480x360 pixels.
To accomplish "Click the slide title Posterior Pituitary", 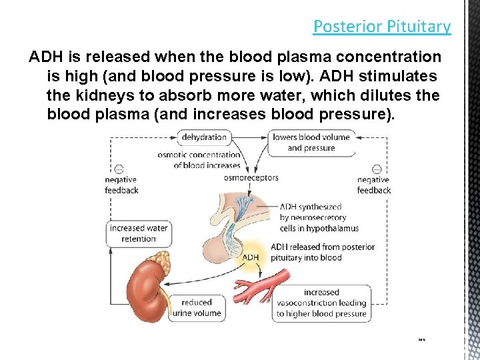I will click(382, 27).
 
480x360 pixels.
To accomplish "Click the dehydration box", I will click(204, 137).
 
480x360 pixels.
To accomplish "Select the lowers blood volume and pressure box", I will click(311, 143).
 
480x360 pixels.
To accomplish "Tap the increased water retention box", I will click(139, 233).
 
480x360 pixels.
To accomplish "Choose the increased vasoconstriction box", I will click(321, 303).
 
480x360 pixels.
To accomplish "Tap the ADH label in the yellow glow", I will click(251, 257).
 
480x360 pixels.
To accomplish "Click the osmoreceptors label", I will click(251, 178).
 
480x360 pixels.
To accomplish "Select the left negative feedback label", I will click(121, 185).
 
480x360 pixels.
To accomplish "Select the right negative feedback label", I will click(373, 185).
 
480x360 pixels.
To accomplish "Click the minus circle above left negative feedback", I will click(119, 169).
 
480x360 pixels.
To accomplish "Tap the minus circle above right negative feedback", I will click(377, 169).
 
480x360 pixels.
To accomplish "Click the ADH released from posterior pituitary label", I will click(323, 252).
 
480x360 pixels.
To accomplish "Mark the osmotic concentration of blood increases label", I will click(199, 160).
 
